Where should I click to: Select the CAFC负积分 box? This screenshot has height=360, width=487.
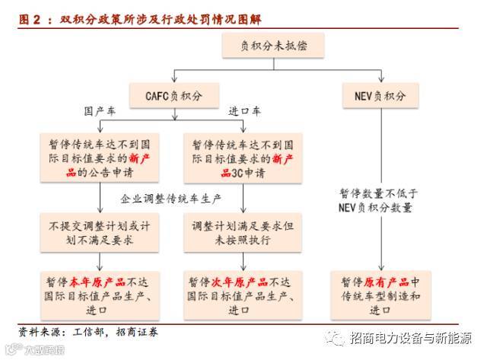174,96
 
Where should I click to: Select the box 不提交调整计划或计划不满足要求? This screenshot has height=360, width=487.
101,233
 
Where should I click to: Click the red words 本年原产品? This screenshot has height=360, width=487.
91,281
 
